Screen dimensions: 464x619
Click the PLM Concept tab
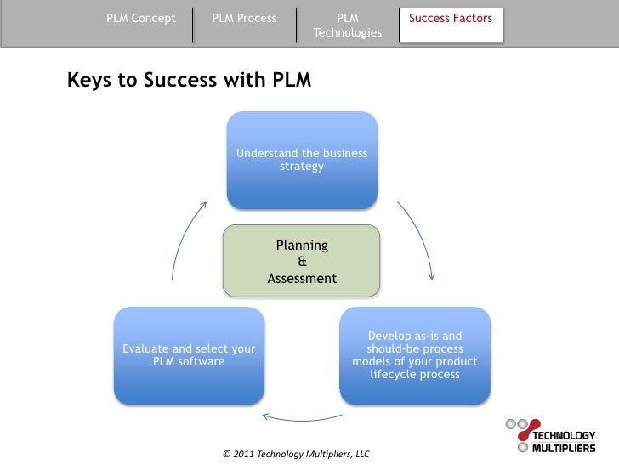point(141,18)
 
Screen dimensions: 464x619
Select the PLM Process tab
point(244,18)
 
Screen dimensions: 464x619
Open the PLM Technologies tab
point(347,25)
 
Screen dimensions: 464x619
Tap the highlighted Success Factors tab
point(451,18)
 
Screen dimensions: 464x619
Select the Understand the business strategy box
point(302,160)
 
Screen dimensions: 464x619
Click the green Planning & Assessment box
point(302,261)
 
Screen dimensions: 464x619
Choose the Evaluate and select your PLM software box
point(189,355)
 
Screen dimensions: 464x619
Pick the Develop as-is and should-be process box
point(415,355)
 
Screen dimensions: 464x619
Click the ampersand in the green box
point(302,262)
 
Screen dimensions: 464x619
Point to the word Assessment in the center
point(302,279)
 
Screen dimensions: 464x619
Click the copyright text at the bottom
point(296,454)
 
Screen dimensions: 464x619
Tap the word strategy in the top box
point(302,167)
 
